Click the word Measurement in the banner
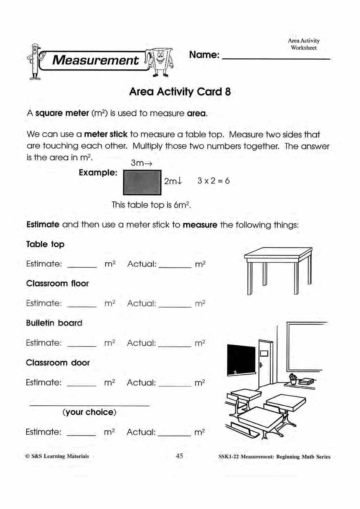(95, 60)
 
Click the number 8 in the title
(228, 92)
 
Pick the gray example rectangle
(142, 182)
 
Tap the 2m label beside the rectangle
(173, 181)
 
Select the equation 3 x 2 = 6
(214, 181)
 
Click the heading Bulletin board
(54, 323)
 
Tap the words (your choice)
(89, 412)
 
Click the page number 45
(179, 456)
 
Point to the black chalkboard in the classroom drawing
(241, 360)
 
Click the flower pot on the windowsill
(293, 380)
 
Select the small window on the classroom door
(264, 353)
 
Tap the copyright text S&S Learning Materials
(57, 456)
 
